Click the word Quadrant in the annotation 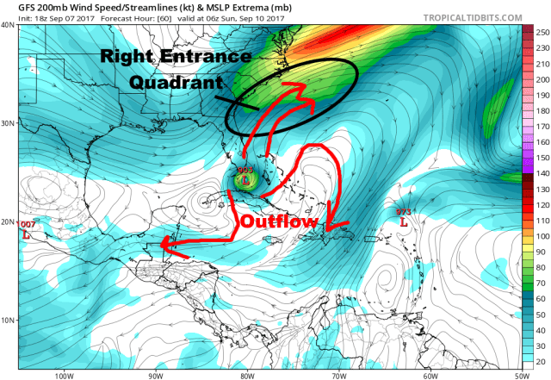tap(173, 84)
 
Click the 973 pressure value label tap(402, 211)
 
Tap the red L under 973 tap(402, 221)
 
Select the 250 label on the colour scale tap(542, 32)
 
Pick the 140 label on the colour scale tap(542, 174)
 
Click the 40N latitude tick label tap(8, 25)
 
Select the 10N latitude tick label tap(8, 321)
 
